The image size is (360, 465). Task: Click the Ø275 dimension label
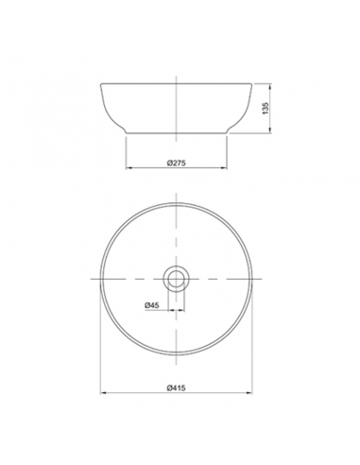click(176, 163)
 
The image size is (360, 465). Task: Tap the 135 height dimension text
click(266, 108)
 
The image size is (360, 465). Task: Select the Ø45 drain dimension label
click(152, 305)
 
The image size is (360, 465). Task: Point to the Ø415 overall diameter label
click(176, 387)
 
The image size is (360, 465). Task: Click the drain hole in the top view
click(176, 279)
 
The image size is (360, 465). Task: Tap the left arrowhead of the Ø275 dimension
click(129, 168)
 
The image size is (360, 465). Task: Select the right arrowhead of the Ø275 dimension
click(224, 168)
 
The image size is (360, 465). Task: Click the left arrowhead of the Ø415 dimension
click(103, 393)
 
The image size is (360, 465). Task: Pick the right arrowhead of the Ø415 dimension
click(249, 393)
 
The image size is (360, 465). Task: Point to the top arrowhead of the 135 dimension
click(270, 86)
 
